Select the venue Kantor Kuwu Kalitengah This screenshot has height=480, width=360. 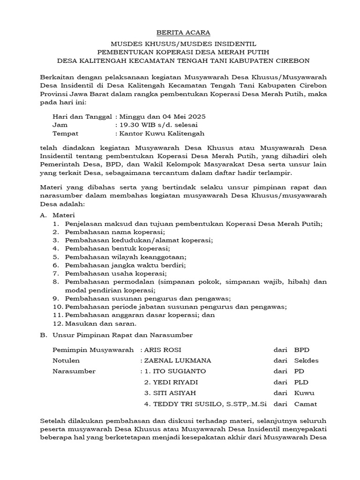pos(162,133)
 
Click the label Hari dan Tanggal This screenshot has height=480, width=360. pos(82,116)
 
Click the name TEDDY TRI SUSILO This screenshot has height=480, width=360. pos(182,404)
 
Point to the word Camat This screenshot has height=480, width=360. pos(306,404)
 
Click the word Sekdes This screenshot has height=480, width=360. pos(306,360)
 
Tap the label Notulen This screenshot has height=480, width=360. pos(66,360)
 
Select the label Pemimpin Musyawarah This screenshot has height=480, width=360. pos(93,350)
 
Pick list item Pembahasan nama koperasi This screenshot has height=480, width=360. pos(115,232)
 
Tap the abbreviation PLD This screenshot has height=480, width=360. pos(301,382)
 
